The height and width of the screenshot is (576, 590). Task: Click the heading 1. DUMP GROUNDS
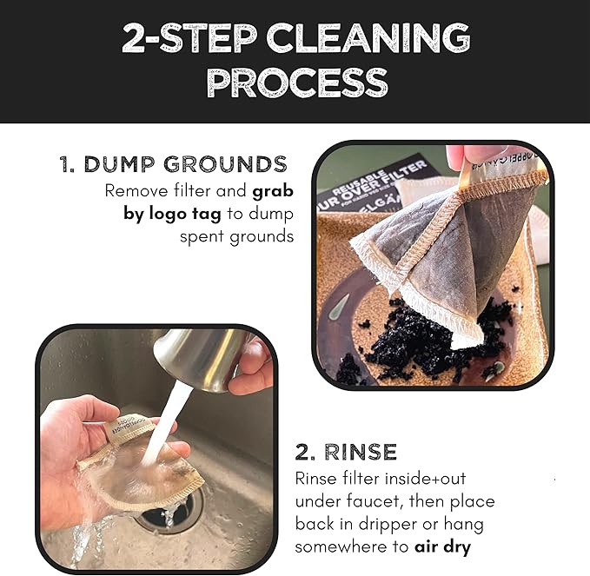[173, 164]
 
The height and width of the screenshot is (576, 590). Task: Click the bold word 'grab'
[274, 191]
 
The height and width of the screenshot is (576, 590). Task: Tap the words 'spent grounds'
[237, 236]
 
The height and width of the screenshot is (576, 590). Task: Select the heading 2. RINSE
[346, 452]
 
